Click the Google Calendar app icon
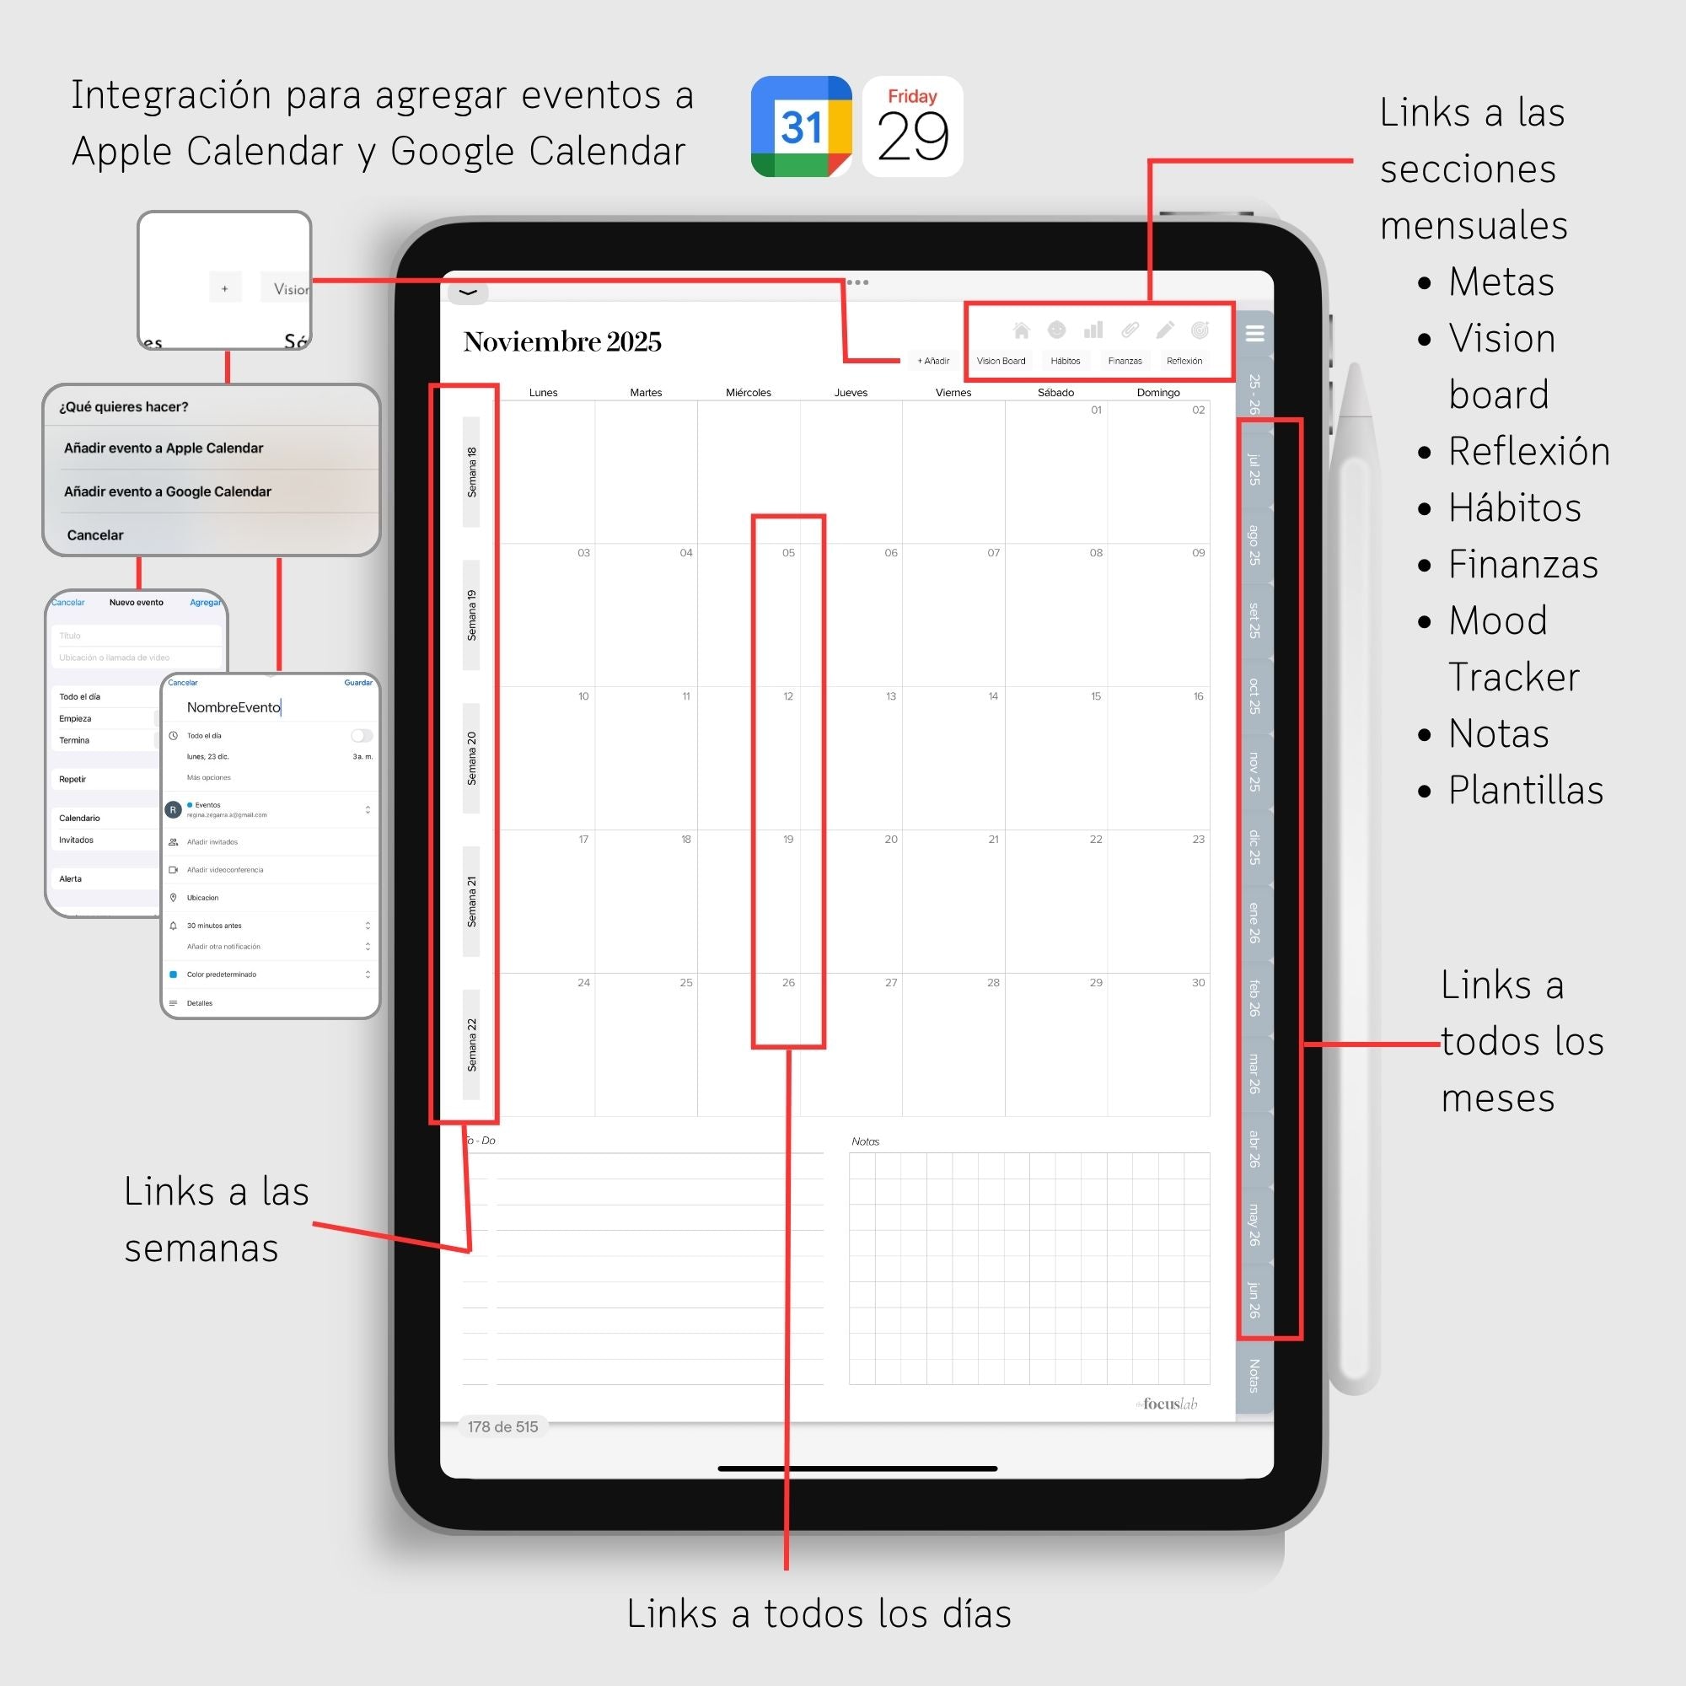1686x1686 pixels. (801, 126)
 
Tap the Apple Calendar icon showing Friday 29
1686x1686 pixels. (912, 126)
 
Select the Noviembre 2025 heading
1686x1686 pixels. (562, 341)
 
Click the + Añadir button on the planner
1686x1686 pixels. (933, 361)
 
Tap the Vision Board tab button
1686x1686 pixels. (1001, 361)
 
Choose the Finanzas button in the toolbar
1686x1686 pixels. (1124, 361)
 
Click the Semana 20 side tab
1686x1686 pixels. (471, 758)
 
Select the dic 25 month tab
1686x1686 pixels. (1254, 846)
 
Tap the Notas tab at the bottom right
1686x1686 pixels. (1254, 1375)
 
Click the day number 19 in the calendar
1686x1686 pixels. (788, 840)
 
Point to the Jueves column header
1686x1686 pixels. (850, 393)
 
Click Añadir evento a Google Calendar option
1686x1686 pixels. (168, 491)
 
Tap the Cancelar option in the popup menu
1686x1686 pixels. (95, 535)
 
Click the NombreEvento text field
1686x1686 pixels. (234, 707)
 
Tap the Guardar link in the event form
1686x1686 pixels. (357, 683)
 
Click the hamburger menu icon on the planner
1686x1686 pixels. (1255, 332)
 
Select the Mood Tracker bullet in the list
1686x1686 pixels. (1513, 648)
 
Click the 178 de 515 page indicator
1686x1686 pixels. (502, 1427)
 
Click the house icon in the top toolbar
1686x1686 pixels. (1021, 330)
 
